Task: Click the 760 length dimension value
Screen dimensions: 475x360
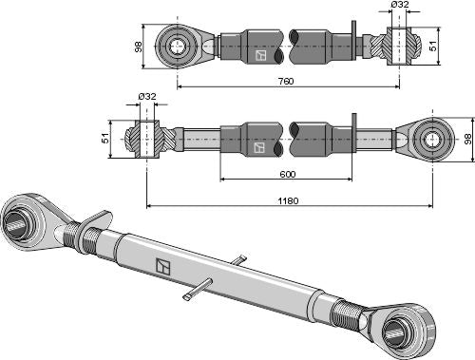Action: pos(286,81)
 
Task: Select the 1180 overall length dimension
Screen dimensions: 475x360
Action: pos(288,200)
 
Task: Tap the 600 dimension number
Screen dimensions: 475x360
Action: pos(288,174)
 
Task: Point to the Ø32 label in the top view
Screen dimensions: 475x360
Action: pos(400,5)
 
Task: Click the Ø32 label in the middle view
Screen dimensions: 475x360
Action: pos(147,96)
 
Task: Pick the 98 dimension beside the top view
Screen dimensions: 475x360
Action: pos(139,47)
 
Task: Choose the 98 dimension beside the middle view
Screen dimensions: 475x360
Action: pos(468,139)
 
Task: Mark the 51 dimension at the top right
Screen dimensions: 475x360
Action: pos(432,46)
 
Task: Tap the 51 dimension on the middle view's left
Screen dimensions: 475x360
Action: pos(105,139)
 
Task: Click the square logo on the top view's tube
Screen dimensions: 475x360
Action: pos(260,55)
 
